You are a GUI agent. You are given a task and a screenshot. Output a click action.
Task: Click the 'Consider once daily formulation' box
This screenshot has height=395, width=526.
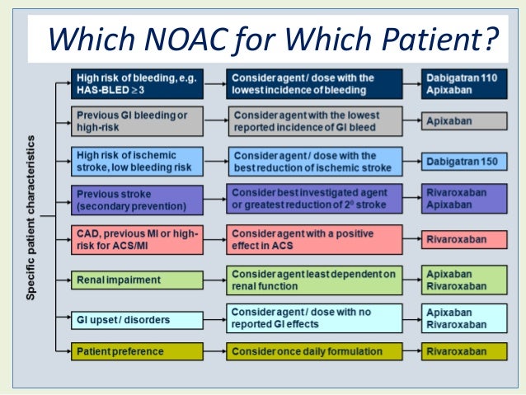tap(314, 352)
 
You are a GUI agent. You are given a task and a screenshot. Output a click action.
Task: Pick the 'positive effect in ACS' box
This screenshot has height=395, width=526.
tap(314, 240)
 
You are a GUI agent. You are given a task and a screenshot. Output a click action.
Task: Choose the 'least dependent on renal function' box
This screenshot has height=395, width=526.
tap(314, 280)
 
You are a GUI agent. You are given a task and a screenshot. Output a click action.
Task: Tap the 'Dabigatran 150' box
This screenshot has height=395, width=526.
tap(462, 161)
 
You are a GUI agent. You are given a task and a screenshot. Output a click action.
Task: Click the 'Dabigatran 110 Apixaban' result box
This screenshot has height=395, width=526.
tap(462, 82)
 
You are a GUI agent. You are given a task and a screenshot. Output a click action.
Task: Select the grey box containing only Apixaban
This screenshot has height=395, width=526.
tap(462, 120)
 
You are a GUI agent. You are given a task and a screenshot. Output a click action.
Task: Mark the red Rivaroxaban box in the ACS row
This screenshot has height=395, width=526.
tap(462, 240)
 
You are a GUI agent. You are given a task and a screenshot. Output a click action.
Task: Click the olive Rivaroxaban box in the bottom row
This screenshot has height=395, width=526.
tap(462, 352)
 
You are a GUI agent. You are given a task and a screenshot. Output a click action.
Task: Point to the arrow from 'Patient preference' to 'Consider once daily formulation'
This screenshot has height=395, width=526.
tap(214, 352)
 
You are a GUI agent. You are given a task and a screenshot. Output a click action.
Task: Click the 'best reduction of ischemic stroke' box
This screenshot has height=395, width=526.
tap(314, 161)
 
